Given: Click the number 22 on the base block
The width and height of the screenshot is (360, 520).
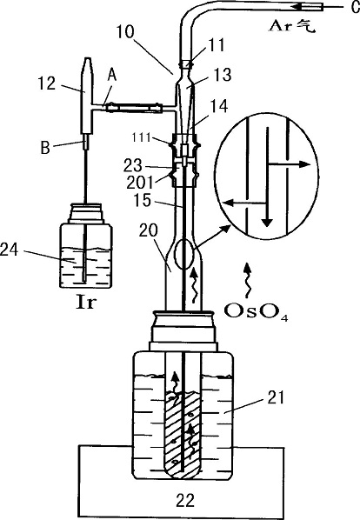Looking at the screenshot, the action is click(x=185, y=500).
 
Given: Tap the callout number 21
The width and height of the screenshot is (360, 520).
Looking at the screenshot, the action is click(x=277, y=397).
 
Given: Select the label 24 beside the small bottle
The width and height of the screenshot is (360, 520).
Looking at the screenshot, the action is click(x=9, y=250).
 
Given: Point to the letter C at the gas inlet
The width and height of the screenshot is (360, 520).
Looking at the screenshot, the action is click(x=355, y=7).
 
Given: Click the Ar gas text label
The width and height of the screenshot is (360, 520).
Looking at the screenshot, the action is click(x=291, y=26).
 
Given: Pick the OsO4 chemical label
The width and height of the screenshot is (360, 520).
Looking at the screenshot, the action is click(x=256, y=311).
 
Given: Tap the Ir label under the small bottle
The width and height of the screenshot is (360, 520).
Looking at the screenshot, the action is click(x=85, y=303).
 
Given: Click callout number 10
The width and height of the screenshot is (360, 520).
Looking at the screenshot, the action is click(x=125, y=32).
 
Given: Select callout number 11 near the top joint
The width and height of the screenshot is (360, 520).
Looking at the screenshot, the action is click(x=217, y=45).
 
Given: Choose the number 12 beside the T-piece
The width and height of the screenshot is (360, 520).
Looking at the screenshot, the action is click(x=46, y=83).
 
